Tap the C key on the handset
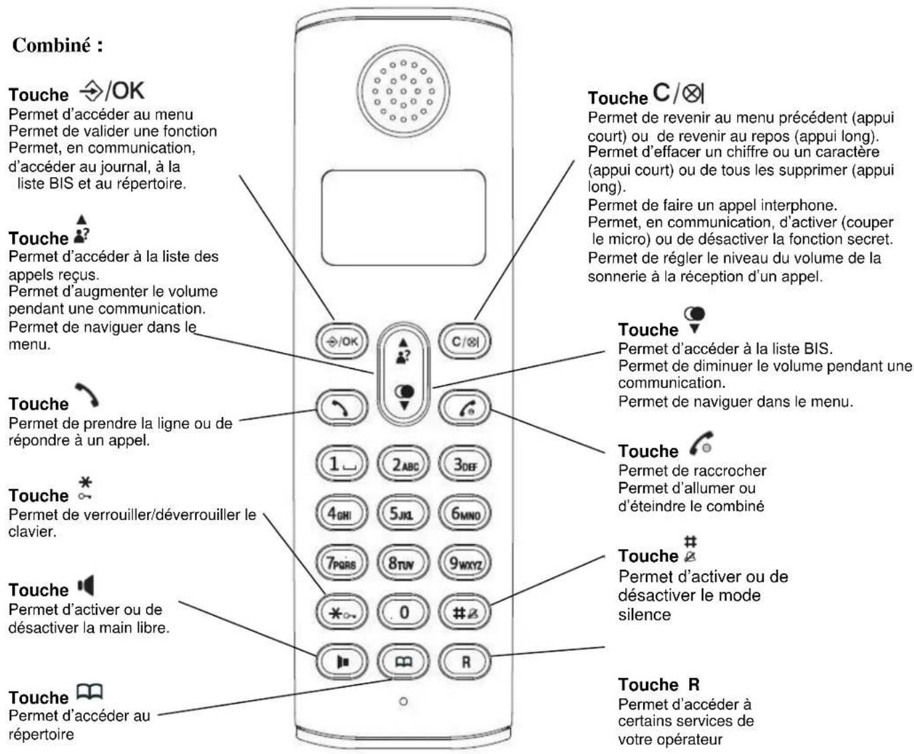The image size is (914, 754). tap(464, 342)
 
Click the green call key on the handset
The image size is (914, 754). tap(341, 408)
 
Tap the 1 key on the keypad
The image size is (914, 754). tap(341, 464)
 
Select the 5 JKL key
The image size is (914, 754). tap(402, 513)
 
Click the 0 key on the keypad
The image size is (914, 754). tap(403, 612)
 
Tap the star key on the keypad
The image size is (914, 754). tap(341, 612)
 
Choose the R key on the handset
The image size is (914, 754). tap(465, 662)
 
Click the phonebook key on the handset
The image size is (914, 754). tap(403, 662)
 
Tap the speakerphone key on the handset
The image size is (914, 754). tap(341, 662)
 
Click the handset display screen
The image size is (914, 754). tap(403, 217)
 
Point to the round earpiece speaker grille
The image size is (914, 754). tap(403, 91)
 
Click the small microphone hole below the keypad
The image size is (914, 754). tap(403, 701)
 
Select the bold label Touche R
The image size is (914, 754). tap(659, 685)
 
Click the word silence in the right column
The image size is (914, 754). tap(644, 614)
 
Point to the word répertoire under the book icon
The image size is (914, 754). tap(41, 734)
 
